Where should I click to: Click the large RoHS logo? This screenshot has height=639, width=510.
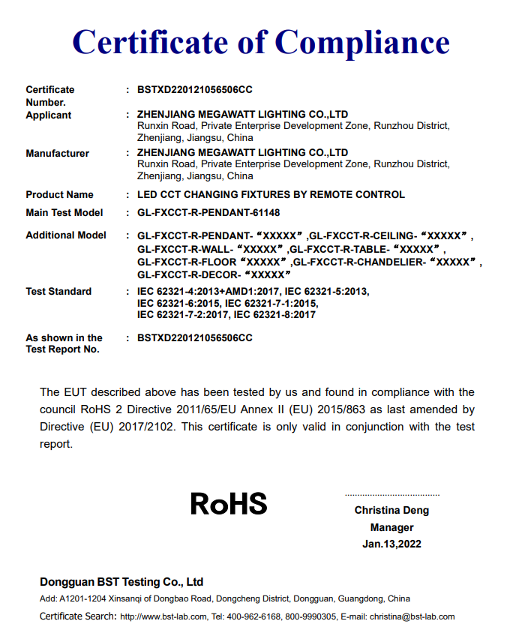[x=229, y=503]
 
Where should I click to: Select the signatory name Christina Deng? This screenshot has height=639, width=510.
[x=391, y=511]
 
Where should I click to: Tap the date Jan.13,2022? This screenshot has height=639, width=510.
[x=391, y=544]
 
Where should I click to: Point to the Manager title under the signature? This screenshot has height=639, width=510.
[x=391, y=527]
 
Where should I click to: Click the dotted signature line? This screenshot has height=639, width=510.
[x=391, y=495]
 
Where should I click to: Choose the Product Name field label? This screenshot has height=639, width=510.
[x=59, y=194]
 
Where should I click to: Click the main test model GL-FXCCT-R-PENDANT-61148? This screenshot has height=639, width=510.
[x=208, y=212]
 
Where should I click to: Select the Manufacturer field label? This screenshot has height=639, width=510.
[x=57, y=153]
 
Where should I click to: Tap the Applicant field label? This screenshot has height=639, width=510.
[x=49, y=115]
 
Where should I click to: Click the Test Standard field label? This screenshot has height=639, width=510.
[x=58, y=291]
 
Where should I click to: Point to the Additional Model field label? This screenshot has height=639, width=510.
[x=66, y=235]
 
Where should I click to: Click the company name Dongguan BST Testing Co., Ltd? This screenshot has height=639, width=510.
[x=121, y=582]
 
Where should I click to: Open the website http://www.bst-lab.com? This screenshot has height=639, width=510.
[x=163, y=616]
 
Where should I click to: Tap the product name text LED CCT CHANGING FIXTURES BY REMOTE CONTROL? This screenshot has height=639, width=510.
[x=271, y=194]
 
